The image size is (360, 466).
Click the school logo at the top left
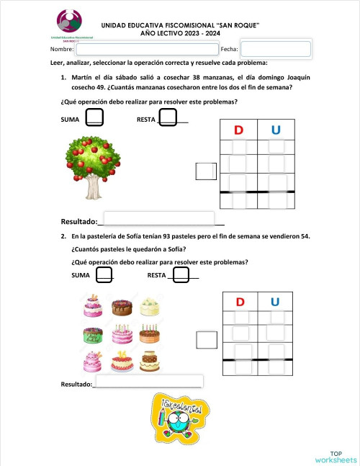69,24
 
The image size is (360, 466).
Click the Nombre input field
147,49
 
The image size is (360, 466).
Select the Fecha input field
276,49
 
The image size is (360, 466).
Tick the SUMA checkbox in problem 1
94,117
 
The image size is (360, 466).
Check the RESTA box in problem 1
168,117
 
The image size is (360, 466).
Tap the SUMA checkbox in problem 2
104,275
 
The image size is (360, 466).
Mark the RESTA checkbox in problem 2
181,275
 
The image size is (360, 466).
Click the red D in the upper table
238,130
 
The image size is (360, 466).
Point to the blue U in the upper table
276,130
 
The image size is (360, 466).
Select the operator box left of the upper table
207,171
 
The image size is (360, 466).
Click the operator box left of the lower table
207,339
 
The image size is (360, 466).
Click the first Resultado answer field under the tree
160,218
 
